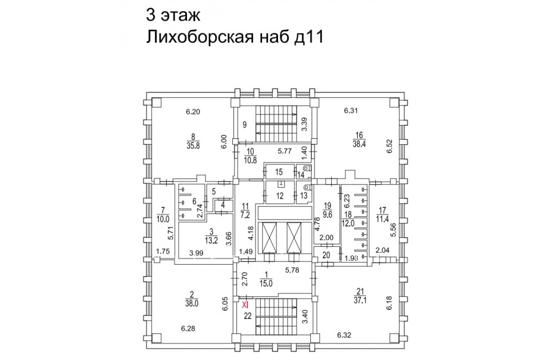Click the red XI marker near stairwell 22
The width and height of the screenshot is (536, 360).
click(245, 304)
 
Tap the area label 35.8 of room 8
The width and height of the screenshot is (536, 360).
click(193, 145)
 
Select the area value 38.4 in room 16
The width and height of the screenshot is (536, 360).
click(359, 144)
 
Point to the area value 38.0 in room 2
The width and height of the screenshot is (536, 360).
click(191, 303)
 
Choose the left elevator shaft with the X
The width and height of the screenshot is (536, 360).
click(269, 237)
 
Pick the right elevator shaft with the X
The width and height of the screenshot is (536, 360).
click(294, 237)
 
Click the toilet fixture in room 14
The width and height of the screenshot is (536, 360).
click(306, 169)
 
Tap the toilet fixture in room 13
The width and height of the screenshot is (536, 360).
click(306, 187)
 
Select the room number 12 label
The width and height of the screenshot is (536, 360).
click(280, 196)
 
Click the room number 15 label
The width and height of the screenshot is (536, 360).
click(279, 172)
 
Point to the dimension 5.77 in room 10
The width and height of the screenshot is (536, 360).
click(285, 150)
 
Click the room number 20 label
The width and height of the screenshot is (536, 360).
click(326, 255)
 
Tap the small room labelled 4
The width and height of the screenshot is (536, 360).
click(223, 206)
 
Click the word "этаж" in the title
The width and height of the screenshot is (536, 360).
click(179, 15)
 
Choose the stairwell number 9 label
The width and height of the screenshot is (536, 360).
click(245, 125)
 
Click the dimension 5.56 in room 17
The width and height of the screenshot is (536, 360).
click(394, 230)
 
